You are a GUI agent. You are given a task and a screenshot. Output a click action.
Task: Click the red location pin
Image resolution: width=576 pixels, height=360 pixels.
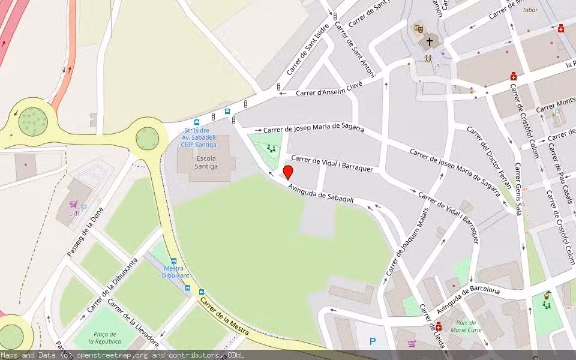tap(288, 172)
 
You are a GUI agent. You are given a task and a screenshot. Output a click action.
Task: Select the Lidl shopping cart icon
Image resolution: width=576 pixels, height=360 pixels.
tap(73, 204)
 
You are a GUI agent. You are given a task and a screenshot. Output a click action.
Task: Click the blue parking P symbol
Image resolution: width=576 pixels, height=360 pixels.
tap(373, 342)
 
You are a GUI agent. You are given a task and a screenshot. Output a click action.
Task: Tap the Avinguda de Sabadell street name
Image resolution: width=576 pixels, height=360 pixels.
tap(320, 194)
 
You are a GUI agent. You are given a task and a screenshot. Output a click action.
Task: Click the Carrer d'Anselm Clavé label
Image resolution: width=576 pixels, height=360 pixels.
tap(329, 89)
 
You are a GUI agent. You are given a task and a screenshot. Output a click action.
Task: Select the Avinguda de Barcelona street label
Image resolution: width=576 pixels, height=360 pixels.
tap(468, 298)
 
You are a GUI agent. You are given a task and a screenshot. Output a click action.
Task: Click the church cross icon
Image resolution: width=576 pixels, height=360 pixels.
tap(430, 42)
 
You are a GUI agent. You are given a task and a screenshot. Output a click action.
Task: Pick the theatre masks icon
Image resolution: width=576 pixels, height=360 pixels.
tap(418, 28)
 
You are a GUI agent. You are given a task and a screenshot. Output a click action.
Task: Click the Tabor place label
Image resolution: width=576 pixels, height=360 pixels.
tap(530, 10)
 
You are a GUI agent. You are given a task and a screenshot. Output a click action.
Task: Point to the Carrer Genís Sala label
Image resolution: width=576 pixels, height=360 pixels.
tap(518, 188)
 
